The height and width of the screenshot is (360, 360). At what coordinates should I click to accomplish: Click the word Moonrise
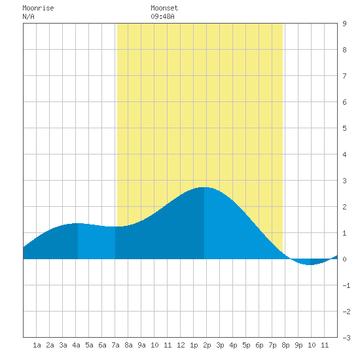click(x=38, y=8)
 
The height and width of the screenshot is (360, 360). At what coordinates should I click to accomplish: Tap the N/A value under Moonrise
click(x=28, y=16)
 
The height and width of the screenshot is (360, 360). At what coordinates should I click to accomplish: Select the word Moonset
click(x=164, y=8)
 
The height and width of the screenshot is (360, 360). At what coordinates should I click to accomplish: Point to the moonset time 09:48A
click(x=162, y=16)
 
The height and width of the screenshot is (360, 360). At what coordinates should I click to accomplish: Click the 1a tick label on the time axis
click(x=37, y=345)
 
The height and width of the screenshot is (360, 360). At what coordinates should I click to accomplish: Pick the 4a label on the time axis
click(x=76, y=345)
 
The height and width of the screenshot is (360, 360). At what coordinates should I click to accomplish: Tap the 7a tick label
click(x=115, y=345)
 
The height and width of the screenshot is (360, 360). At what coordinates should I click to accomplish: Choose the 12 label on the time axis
click(x=181, y=345)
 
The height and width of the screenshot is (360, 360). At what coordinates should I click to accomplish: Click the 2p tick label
click(x=207, y=345)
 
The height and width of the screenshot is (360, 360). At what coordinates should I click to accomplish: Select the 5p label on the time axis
click(x=246, y=345)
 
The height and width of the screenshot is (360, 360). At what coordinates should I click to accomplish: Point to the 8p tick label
click(x=285, y=345)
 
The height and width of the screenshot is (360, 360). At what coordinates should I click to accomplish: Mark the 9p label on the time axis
click(x=298, y=345)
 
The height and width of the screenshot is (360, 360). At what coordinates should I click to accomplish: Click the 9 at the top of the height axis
click(x=344, y=24)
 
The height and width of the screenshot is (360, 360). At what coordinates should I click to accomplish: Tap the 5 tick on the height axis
click(x=344, y=128)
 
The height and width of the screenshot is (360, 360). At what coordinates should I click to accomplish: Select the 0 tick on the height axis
click(x=344, y=259)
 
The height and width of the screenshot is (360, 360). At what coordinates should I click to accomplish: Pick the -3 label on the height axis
click(x=346, y=338)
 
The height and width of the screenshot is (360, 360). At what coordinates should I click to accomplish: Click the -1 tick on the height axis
click(x=346, y=285)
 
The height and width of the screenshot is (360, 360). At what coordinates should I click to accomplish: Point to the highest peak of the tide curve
click(x=204, y=187)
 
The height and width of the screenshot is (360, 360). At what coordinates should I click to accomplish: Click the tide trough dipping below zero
click(x=310, y=264)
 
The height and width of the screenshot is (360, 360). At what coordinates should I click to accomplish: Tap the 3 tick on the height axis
click(x=344, y=181)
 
